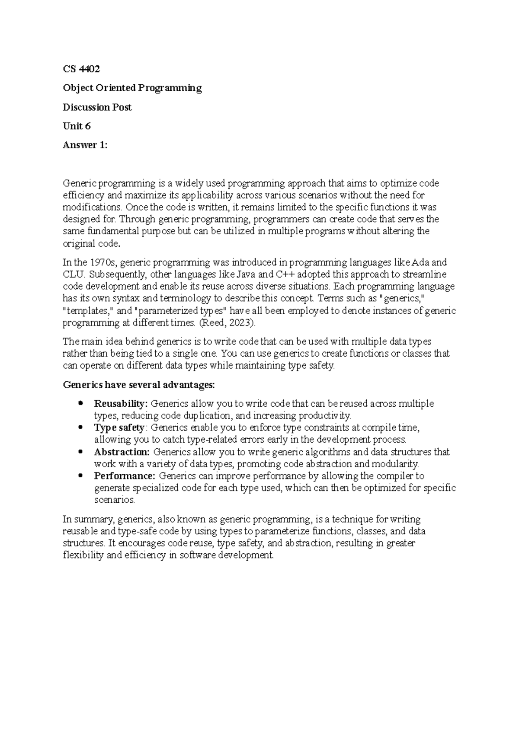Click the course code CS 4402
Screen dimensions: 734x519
click(81, 69)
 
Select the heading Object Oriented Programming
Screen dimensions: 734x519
click(132, 88)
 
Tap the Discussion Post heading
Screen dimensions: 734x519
click(97, 107)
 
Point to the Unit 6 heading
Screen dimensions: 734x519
click(77, 126)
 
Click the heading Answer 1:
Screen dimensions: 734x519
click(85, 145)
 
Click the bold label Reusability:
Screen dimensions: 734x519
click(121, 404)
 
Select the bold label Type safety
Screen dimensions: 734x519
click(119, 428)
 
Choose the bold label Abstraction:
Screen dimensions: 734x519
click(122, 452)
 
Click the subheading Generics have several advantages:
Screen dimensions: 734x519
click(138, 385)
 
